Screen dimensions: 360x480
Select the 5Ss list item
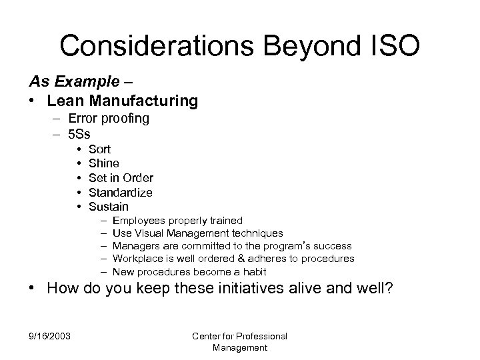(79, 133)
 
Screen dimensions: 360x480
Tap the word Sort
(99, 149)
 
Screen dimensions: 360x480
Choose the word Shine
(103, 163)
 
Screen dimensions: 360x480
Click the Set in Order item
(121, 178)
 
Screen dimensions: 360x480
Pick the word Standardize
(121, 193)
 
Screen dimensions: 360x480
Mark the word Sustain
(109, 207)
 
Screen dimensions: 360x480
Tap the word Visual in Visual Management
(148, 233)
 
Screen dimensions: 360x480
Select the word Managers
(136, 246)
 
